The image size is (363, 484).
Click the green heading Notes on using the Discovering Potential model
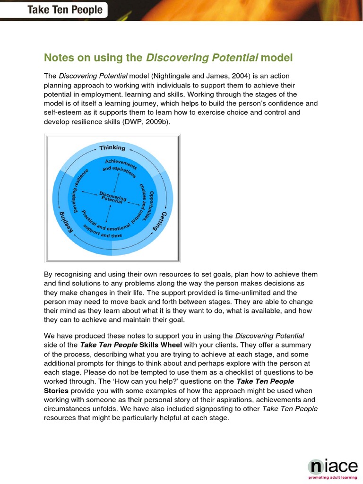[168, 58]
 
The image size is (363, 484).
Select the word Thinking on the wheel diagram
[112, 147]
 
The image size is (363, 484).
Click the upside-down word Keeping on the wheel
[64, 222]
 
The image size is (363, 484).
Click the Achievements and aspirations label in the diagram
[119, 168]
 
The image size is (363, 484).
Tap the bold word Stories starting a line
[56, 391]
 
